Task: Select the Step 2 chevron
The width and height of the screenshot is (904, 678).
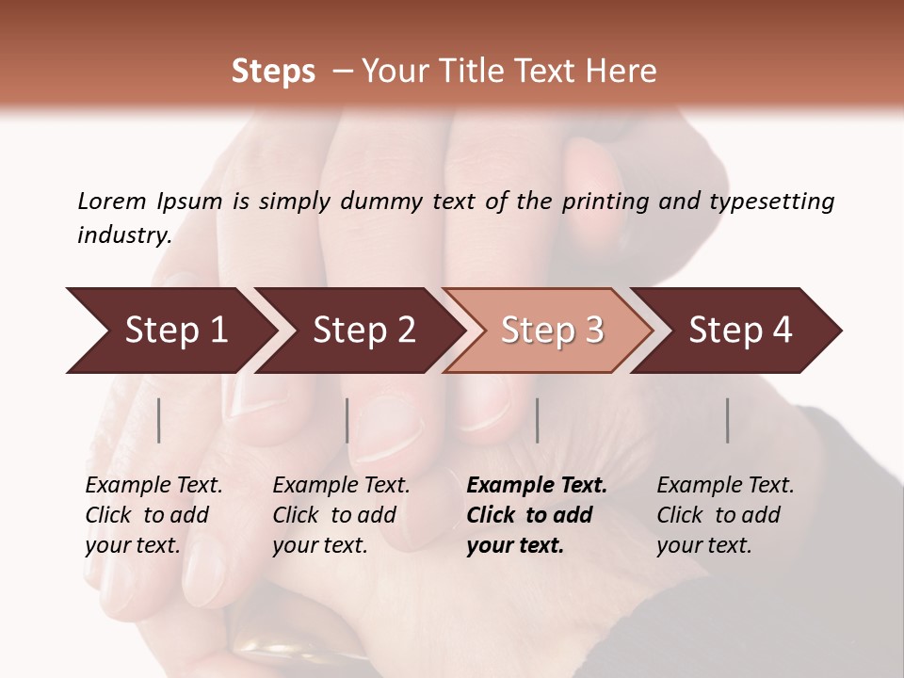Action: pyautogui.click(x=363, y=331)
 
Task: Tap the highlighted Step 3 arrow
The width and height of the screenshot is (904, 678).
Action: pyautogui.click(x=552, y=331)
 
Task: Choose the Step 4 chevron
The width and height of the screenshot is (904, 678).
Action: pyautogui.click(x=740, y=331)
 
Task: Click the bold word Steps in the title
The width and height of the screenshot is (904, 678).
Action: pyautogui.click(x=273, y=72)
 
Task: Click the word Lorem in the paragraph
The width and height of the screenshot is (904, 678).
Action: pyautogui.click(x=112, y=202)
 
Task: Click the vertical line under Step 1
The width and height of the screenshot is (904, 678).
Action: pyautogui.click(x=159, y=420)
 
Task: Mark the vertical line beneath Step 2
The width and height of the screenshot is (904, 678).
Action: pyautogui.click(x=347, y=420)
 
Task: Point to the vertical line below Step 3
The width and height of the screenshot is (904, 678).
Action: pyautogui.click(x=538, y=420)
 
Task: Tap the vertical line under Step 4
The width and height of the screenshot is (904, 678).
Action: pyautogui.click(x=728, y=420)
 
